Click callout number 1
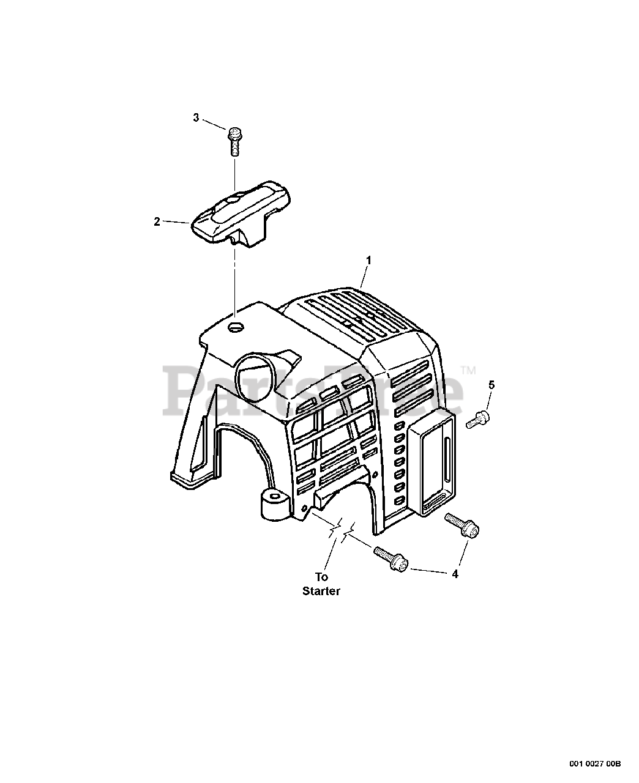coord(368,260)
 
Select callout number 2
coord(157,222)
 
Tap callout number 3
coord(196,117)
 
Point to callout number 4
coord(455,574)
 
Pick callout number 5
coord(491,385)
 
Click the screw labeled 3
coord(234,140)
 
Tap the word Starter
coord(321,592)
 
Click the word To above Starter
coord(321,576)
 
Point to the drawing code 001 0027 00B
coord(595,763)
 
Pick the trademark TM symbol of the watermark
coord(468,369)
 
